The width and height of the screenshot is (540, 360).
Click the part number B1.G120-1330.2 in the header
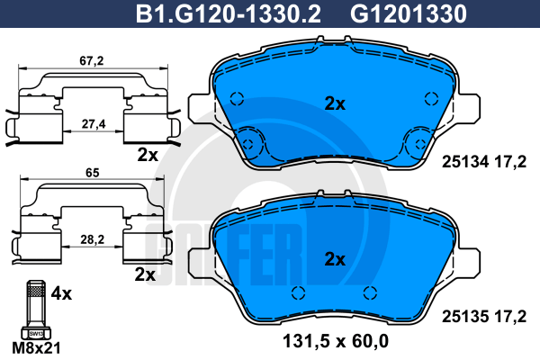click(x=229, y=13)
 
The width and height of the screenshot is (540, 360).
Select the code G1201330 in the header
click(x=409, y=13)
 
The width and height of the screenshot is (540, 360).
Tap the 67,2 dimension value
click(x=92, y=60)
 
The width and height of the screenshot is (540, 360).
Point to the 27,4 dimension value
click(x=94, y=123)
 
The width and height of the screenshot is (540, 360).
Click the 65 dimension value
click(x=93, y=173)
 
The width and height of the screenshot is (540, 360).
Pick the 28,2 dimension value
click(x=93, y=239)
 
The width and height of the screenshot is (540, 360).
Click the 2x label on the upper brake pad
click(x=335, y=103)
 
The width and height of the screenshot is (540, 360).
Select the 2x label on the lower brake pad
click(x=335, y=259)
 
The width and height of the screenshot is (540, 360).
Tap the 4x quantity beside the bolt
click(x=61, y=293)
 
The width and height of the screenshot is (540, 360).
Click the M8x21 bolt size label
click(x=36, y=348)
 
